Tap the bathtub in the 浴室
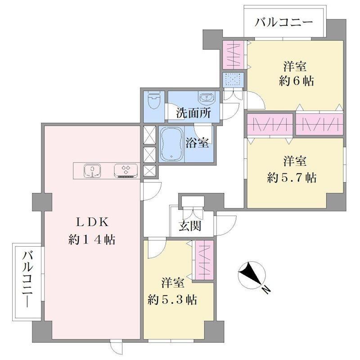tap(172, 144)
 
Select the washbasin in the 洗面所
tap(207, 97)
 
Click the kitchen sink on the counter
tap(93, 171)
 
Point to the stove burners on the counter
tap(126, 171)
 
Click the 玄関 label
tap(190, 226)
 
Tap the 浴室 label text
tap(197, 143)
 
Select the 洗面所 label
tap(193, 113)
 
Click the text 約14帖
tap(92, 240)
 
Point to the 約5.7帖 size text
tap(292, 177)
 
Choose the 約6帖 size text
tap(297, 81)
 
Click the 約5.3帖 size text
tap(172, 300)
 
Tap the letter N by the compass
tap(266, 290)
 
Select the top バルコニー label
tap(284, 22)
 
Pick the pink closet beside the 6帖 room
tap(233, 54)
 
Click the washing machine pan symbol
tap(233, 80)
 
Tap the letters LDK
tap(92, 222)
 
